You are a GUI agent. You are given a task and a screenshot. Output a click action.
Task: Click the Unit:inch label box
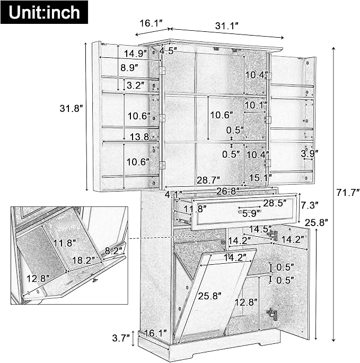[44, 12]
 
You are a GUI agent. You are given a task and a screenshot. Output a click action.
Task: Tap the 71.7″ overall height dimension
[348, 192]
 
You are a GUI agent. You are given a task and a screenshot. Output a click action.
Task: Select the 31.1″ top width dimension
[226, 25]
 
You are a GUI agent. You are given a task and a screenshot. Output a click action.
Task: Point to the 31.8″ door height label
[71, 108]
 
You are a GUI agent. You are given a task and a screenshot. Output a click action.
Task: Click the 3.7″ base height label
[121, 338]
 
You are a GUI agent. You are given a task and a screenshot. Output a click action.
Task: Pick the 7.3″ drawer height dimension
[309, 205]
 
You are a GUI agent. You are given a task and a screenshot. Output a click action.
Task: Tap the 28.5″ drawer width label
[275, 203]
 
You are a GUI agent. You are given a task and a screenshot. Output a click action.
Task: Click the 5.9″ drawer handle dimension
[251, 213]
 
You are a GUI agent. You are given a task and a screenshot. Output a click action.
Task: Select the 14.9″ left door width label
[136, 54]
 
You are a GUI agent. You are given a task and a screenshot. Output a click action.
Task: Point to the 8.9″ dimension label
[129, 67]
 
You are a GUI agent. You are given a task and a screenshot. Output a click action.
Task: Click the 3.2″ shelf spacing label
[136, 85]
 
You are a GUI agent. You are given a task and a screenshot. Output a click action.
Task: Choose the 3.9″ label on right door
[310, 153]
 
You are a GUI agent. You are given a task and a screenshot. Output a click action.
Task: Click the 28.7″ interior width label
[208, 180]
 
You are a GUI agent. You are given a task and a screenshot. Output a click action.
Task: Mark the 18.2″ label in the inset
[84, 260]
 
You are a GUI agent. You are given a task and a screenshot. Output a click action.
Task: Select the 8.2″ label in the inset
[114, 250]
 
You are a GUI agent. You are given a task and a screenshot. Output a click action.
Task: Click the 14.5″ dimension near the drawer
[260, 229]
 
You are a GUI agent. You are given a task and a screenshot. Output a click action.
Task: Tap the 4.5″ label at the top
[169, 51]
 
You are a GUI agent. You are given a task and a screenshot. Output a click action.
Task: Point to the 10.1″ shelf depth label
[256, 105]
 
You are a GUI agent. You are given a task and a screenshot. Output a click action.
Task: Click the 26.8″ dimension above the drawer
[228, 191]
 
